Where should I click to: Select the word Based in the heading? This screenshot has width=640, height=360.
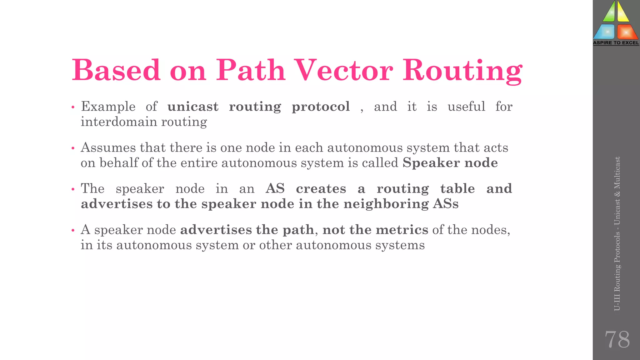click(116, 70)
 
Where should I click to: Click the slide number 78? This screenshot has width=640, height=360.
click(617, 339)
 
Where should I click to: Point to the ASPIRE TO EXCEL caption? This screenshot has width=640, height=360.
click(616, 43)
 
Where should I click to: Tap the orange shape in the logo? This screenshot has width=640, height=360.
click(627, 32)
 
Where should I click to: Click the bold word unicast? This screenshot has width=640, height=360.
click(193, 107)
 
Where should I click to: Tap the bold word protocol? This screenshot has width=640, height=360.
click(321, 107)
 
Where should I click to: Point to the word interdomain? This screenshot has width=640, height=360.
click(119, 122)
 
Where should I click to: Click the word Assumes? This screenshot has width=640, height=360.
click(108, 148)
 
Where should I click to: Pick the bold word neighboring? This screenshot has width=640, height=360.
click(386, 204)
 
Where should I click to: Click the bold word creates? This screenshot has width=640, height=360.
click(321, 189)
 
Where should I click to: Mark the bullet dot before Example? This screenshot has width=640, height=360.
click(73, 107)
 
